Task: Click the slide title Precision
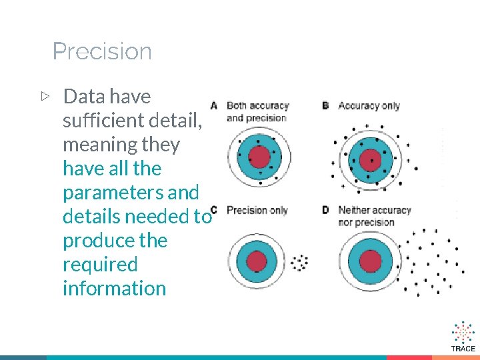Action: coord(102,51)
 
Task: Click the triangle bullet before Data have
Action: coord(45,97)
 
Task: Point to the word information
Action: coord(114,289)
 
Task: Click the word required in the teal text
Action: coord(99,265)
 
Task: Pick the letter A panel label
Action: coord(214,105)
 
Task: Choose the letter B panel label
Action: coord(325,105)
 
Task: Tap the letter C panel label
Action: coord(214,210)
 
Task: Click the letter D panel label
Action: coord(325,210)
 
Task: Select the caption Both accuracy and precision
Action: coord(257,112)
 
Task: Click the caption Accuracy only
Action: coord(369,105)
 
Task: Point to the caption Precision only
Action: coord(257,211)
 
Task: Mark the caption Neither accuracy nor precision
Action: coord(374,216)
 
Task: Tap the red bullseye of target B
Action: coord(370,160)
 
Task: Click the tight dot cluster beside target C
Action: coord(301,262)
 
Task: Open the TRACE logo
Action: coord(463,337)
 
